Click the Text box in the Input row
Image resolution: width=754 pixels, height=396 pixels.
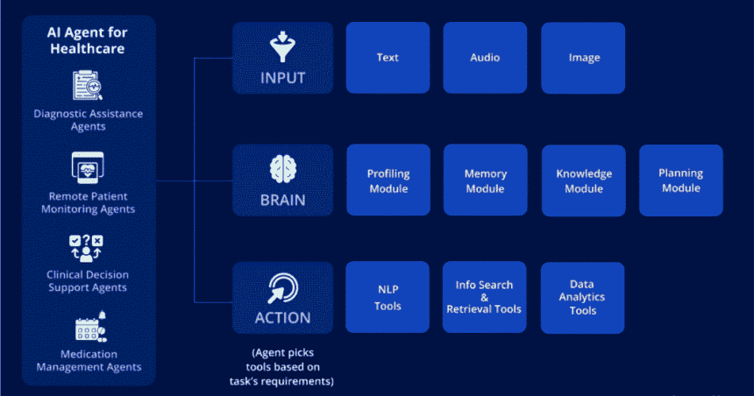[x=388, y=58]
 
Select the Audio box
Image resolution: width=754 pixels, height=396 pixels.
[x=485, y=58]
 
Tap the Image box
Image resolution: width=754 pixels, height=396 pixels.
[x=583, y=58]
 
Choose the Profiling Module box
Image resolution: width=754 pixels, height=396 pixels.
[x=388, y=180]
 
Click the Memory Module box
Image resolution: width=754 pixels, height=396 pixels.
[x=485, y=180]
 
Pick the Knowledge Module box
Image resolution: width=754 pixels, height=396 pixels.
[x=583, y=180]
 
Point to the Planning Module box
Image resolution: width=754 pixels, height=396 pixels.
[x=680, y=180]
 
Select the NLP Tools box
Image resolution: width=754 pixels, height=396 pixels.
[x=388, y=298]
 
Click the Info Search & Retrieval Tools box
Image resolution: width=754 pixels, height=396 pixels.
[x=484, y=297]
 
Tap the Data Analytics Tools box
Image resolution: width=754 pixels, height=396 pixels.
[x=582, y=298]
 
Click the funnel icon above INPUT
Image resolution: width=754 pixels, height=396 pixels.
[x=282, y=46]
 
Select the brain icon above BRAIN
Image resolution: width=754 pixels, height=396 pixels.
[x=282, y=167]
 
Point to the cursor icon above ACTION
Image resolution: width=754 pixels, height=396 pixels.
[x=282, y=286]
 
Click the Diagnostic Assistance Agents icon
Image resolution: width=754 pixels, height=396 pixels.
[x=88, y=87]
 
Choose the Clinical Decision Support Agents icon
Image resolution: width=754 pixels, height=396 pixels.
[x=87, y=248]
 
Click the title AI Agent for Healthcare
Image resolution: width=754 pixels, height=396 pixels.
[x=86, y=40]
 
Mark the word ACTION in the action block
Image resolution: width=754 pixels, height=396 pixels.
[x=282, y=316]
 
